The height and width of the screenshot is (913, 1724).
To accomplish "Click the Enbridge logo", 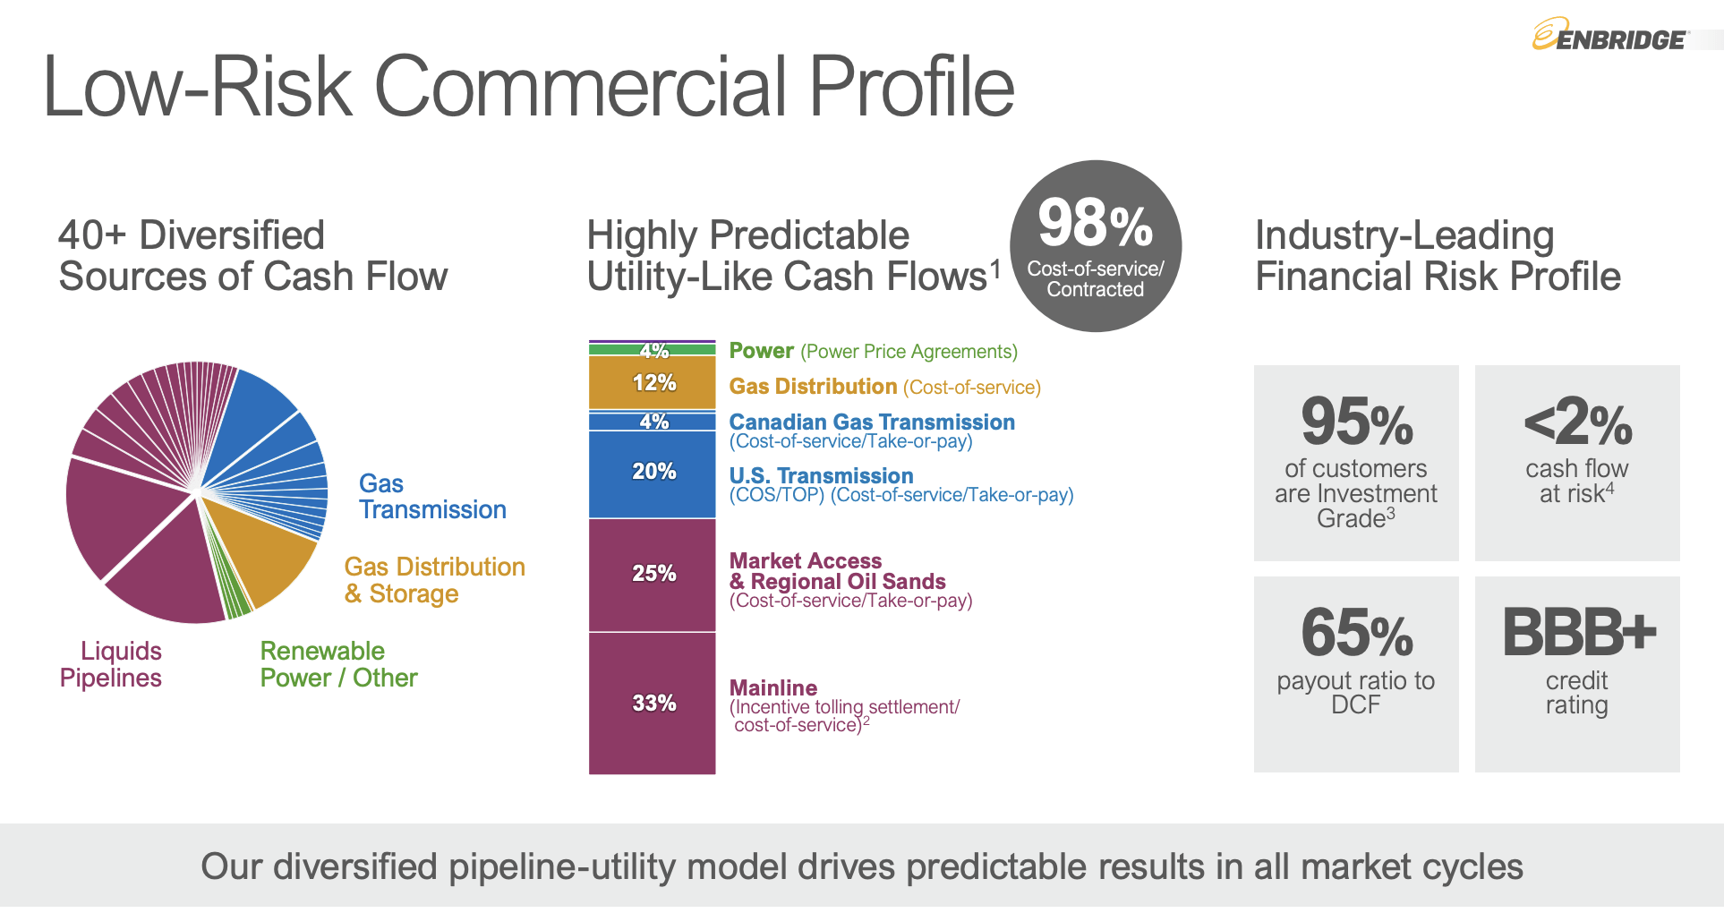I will click(1609, 37).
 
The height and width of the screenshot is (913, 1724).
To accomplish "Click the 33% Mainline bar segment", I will click(653, 703).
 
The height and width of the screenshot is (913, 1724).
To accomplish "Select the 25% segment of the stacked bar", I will click(653, 574).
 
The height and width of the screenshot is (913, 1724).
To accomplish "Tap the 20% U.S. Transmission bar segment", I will click(653, 473).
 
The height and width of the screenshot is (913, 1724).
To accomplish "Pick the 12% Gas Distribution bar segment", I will click(653, 383).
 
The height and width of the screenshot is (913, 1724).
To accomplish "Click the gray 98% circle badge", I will click(1095, 246).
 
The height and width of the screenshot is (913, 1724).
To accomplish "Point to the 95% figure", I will click(1356, 422).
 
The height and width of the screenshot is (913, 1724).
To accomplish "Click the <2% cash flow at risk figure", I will click(1577, 422).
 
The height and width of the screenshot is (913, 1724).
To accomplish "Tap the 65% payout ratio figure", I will click(1356, 633).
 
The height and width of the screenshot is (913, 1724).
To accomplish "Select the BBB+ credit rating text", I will click(1578, 633).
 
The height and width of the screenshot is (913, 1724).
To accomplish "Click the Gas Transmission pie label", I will click(431, 497).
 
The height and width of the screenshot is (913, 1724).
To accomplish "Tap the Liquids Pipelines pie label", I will click(111, 664).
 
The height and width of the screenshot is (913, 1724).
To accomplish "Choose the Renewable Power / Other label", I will click(338, 664).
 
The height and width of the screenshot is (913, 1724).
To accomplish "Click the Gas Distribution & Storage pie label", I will click(434, 580).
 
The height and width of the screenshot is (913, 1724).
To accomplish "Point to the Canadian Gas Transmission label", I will click(871, 422).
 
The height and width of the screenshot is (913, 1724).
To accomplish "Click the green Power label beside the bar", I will click(761, 351).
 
